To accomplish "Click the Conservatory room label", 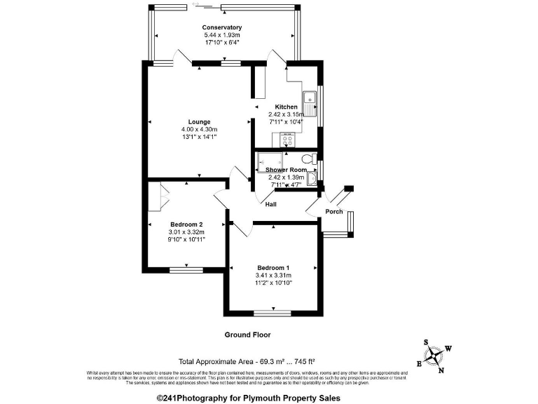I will tap(221, 27).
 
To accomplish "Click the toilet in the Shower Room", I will tap(309, 159).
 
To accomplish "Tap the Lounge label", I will tap(199, 121).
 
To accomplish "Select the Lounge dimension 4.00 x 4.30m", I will tap(199, 129).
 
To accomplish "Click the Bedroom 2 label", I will tap(186, 224).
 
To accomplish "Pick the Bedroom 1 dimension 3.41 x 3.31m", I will tap(273, 276).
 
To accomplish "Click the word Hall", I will tap(271, 204).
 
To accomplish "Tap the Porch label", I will tap(333, 212).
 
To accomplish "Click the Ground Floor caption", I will tap(247, 335).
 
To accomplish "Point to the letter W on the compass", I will tap(449, 348).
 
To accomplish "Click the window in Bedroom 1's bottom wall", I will tap(273, 312).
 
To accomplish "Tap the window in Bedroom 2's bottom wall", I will tap(186, 269).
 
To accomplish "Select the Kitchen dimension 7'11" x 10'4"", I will tap(285, 121).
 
